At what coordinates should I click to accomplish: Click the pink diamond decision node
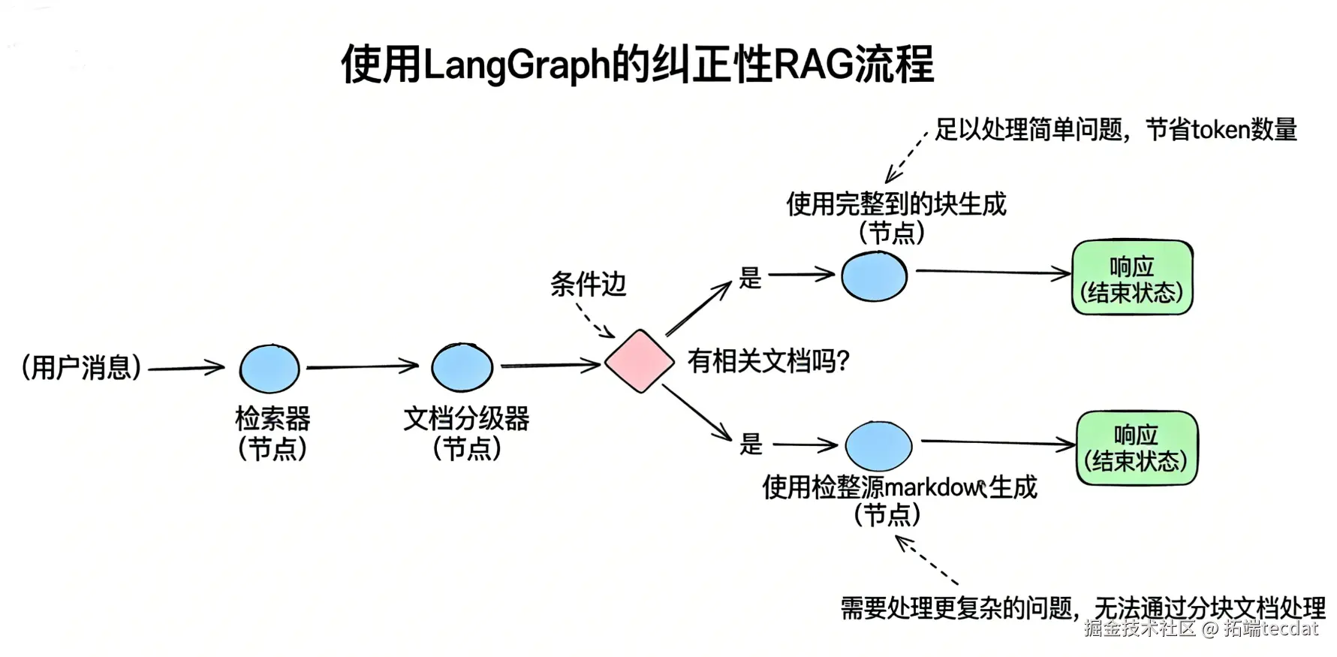(639, 361)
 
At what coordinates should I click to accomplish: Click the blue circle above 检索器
(270, 369)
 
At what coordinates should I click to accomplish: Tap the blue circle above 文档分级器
(462, 367)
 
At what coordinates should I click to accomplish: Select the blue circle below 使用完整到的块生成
(874, 276)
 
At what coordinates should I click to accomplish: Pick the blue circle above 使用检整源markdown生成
(878, 445)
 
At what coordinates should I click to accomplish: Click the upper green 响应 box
(1131, 278)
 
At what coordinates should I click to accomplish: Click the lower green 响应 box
(1137, 448)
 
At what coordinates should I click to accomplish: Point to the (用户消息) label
(81, 367)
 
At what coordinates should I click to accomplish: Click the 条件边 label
(588, 285)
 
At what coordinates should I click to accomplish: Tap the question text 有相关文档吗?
(768, 362)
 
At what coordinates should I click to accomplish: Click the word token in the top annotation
(1220, 130)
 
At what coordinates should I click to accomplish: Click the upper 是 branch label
(750, 278)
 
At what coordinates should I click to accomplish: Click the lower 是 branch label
(751, 444)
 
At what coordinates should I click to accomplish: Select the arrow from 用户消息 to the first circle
(186, 368)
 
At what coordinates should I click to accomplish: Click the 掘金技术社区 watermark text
(1139, 628)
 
